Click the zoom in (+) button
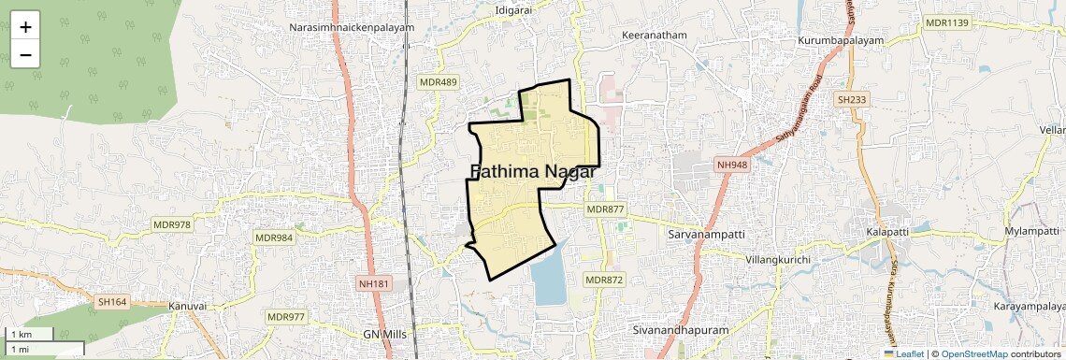pyautogui.click(x=25, y=27)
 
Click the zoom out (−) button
pyautogui.click(x=25, y=54)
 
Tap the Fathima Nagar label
pyautogui.click(x=533, y=171)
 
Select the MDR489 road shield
pyautogui.click(x=439, y=82)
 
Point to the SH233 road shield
pyautogui.click(x=853, y=99)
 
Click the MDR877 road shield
pyautogui.click(x=604, y=209)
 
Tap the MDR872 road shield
pyautogui.click(x=603, y=280)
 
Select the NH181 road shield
pyautogui.click(x=373, y=283)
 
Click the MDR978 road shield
pyautogui.click(x=172, y=224)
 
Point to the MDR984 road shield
pyautogui.click(x=274, y=238)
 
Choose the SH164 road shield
pyautogui.click(x=111, y=301)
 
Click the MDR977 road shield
pyautogui.click(x=286, y=317)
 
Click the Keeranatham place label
pyautogui.click(x=655, y=36)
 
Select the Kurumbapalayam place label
pyautogui.click(x=842, y=42)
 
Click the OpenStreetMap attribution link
pyautogui.click(x=973, y=353)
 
